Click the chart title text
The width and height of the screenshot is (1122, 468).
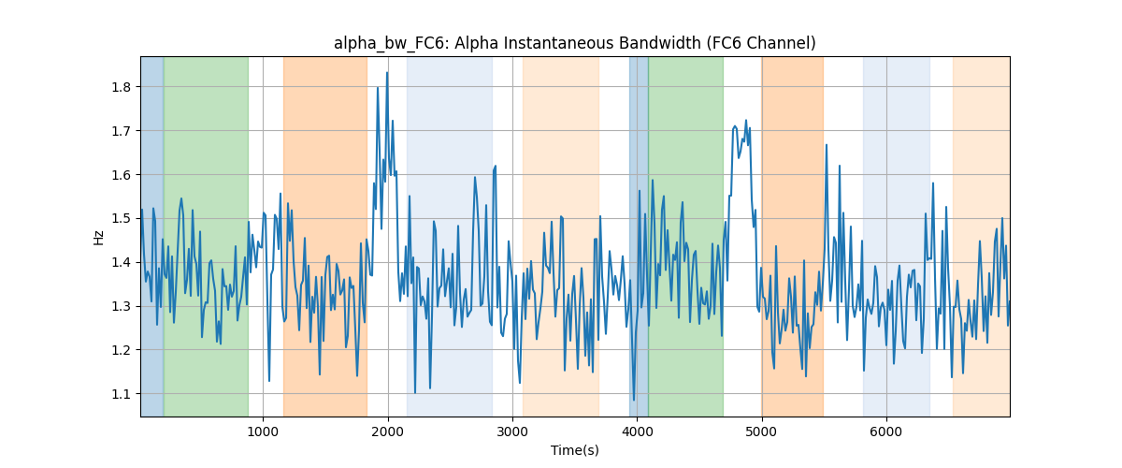pyautogui.click(x=574, y=43)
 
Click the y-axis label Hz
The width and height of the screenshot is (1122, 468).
pyautogui.click(x=99, y=237)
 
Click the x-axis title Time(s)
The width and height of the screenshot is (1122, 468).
pyautogui.click(x=574, y=450)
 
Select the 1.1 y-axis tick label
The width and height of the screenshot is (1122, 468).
pyautogui.click(x=121, y=394)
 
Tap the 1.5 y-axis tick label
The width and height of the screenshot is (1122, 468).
pyautogui.click(x=121, y=219)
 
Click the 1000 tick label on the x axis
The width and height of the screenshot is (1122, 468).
pyautogui.click(x=263, y=431)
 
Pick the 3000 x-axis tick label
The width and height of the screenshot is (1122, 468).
pyautogui.click(x=512, y=431)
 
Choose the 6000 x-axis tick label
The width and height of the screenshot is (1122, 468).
pyautogui.click(x=886, y=431)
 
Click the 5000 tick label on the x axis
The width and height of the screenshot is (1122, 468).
pyautogui.click(x=761, y=431)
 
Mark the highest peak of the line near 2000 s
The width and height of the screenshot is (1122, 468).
pyautogui.click(x=387, y=73)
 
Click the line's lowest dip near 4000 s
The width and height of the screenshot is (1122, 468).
pyautogui.click(x=634, y=401)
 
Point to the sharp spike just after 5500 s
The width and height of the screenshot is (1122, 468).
pyautogui.click(x=826, y=145)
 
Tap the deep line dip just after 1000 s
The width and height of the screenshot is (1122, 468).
pyautogui.click(x=269, y=381)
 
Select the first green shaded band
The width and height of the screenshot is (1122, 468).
pyautogui.click(x=206, y=236)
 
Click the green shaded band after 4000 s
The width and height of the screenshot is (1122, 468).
pyautogui.click(x=685, y=236)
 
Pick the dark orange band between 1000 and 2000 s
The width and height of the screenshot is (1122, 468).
pyautogui.click(x=325, y=236)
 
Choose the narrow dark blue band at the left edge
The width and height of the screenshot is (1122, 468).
pyautogui.click(x=152, y=236)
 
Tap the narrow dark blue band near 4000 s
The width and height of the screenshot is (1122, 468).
pyautogui.click(x=639, y=236)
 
